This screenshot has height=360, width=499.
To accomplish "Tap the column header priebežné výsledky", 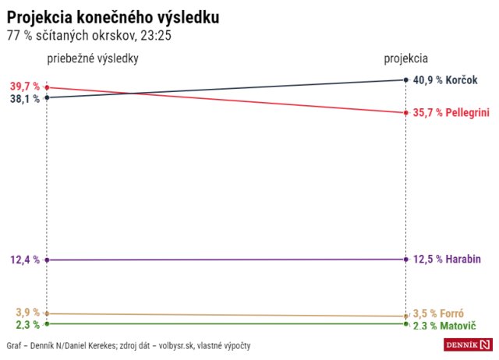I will tap(93, 58).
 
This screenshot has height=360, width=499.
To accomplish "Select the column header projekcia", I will tap(405, 58).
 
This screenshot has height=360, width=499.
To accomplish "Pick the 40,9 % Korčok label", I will tap(451, 79).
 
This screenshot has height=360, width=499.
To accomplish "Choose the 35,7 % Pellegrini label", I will tap(451, 113).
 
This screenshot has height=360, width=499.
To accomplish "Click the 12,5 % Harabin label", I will tap(451, 259).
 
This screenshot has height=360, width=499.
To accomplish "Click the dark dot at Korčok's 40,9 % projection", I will tap(406, 79).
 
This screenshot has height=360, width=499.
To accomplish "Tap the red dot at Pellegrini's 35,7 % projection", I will tap(406, 113).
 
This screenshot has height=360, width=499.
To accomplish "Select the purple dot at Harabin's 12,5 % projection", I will tap(406, 259).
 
